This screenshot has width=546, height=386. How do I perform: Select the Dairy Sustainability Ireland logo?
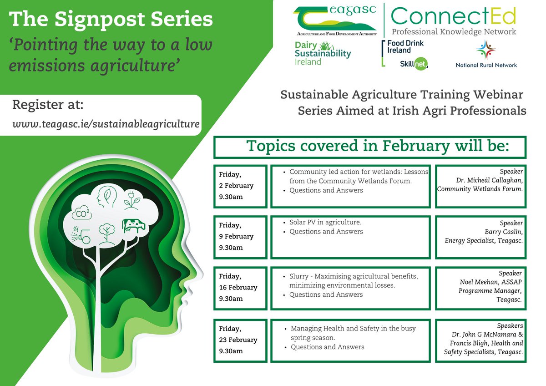(x=323, y=53)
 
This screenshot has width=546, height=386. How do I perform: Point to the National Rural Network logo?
(x=486, y=55)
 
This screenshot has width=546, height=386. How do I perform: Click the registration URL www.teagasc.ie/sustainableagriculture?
(x=106, y=124)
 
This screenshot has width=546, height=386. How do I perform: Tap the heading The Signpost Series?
(x=111, y=19)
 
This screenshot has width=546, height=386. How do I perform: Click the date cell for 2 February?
(x=240, y=186)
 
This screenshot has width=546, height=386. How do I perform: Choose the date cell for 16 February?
(x=240, y=288)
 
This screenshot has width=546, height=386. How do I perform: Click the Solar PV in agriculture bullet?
(x=325, y=223)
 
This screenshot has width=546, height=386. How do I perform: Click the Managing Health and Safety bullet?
(x=353, y=328)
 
